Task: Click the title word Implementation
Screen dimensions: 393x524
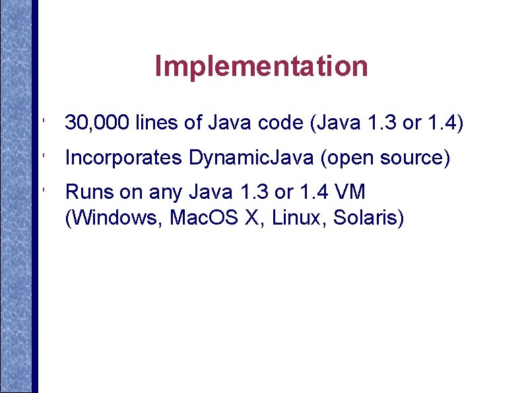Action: coord(261,66)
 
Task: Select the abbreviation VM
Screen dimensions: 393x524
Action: coord(350,193)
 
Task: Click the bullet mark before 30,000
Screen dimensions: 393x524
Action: coord(42,122)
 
